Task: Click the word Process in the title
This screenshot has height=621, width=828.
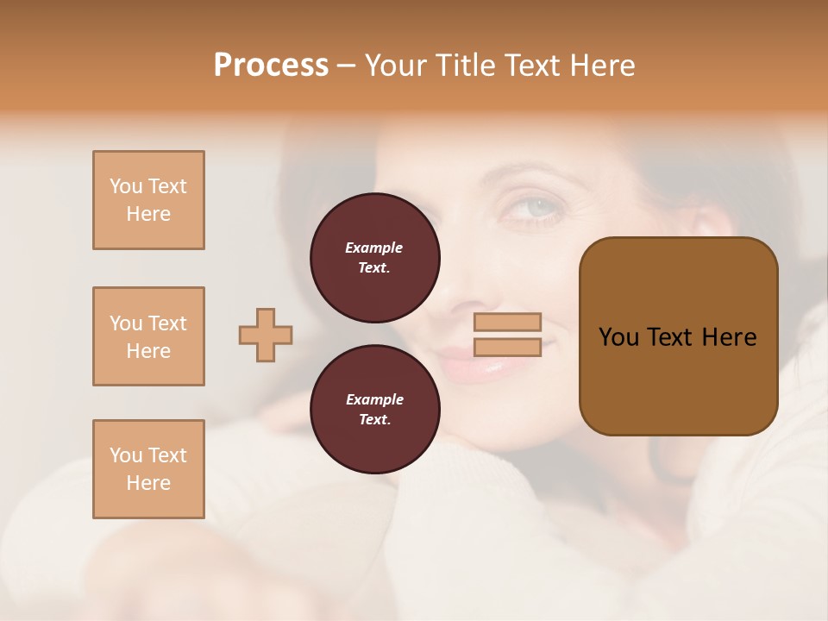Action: (271, 66)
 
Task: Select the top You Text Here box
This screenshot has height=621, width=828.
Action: (148, 200)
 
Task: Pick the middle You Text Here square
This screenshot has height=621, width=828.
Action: (148, 336)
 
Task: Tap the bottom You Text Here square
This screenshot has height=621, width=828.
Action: (148, 469)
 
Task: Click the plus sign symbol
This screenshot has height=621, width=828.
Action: (266, 335)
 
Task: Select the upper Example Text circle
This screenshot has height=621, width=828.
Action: (374, 257)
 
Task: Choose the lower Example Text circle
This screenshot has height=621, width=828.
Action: (374, 409)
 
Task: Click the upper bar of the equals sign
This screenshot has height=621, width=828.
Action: (507, 322)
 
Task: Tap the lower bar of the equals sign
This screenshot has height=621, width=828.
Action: (507, 347)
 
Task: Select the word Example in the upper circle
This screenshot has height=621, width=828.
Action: (374, 248)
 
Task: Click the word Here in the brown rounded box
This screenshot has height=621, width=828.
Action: (729, 337)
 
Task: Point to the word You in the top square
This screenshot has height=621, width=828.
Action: (125, 186)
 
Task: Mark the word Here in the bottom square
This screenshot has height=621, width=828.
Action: (148, 483)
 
